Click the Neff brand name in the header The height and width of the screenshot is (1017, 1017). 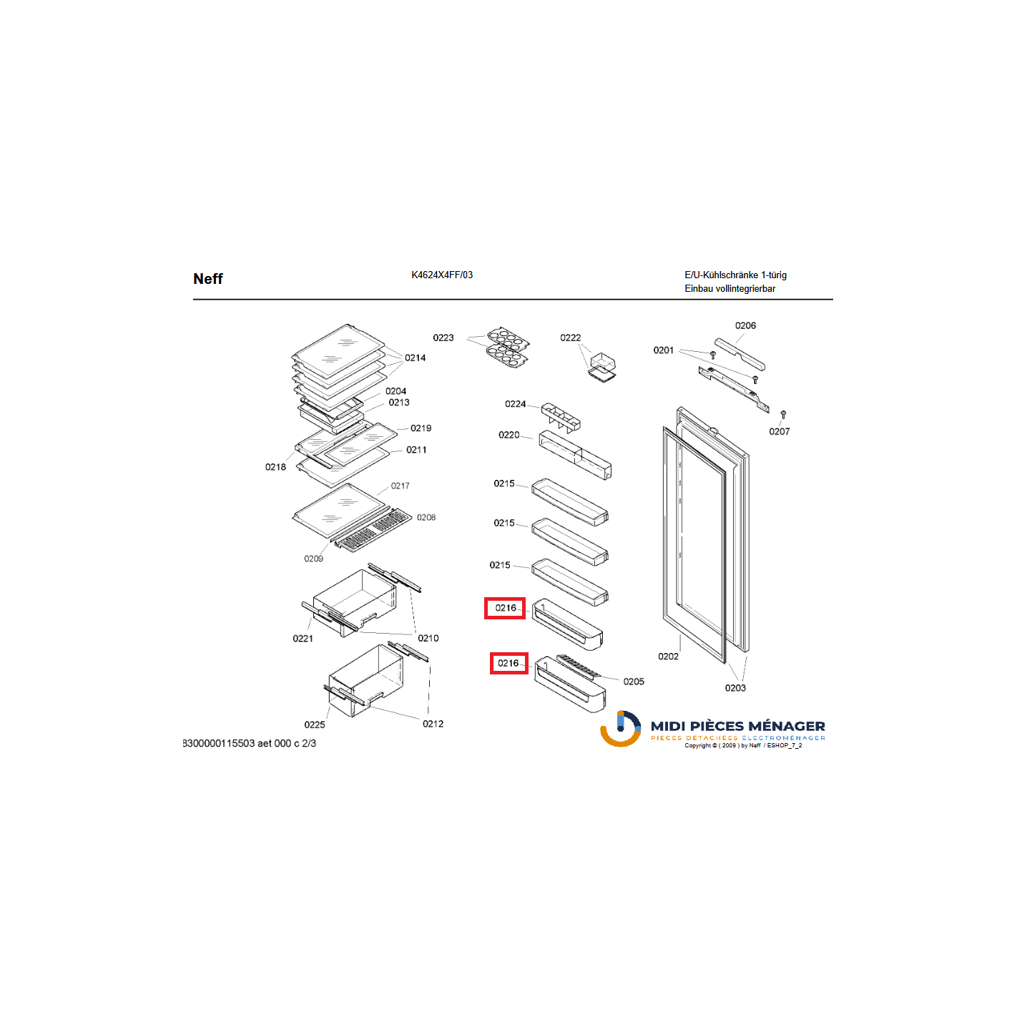[207, 279]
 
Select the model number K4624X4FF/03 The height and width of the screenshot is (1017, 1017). [442, 275]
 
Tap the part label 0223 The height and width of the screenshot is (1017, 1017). [443, 338]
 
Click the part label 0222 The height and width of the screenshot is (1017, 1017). [571, 338]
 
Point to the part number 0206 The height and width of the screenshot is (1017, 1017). [745, 325]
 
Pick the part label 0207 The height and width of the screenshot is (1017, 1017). [779, 432]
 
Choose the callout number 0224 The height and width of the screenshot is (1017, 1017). [515, 404]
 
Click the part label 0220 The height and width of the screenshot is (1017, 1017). [508, 435]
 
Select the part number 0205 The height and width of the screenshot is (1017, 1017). [634, 682]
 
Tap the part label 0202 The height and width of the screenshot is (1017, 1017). [668, 657]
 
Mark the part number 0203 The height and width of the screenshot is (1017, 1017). [735, 688]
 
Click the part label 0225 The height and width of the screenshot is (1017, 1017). [315, 725]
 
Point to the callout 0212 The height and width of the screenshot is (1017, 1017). [433, 724]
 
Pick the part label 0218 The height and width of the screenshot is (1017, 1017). [275, 467]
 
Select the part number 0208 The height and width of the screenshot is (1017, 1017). [426, 518]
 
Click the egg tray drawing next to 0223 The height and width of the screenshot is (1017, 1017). [508, 348]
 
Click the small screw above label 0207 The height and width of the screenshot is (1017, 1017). [783, 414]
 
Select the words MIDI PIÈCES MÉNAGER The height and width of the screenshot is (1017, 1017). [738, 727]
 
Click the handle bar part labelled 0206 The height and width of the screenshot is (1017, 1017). [740, 354]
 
